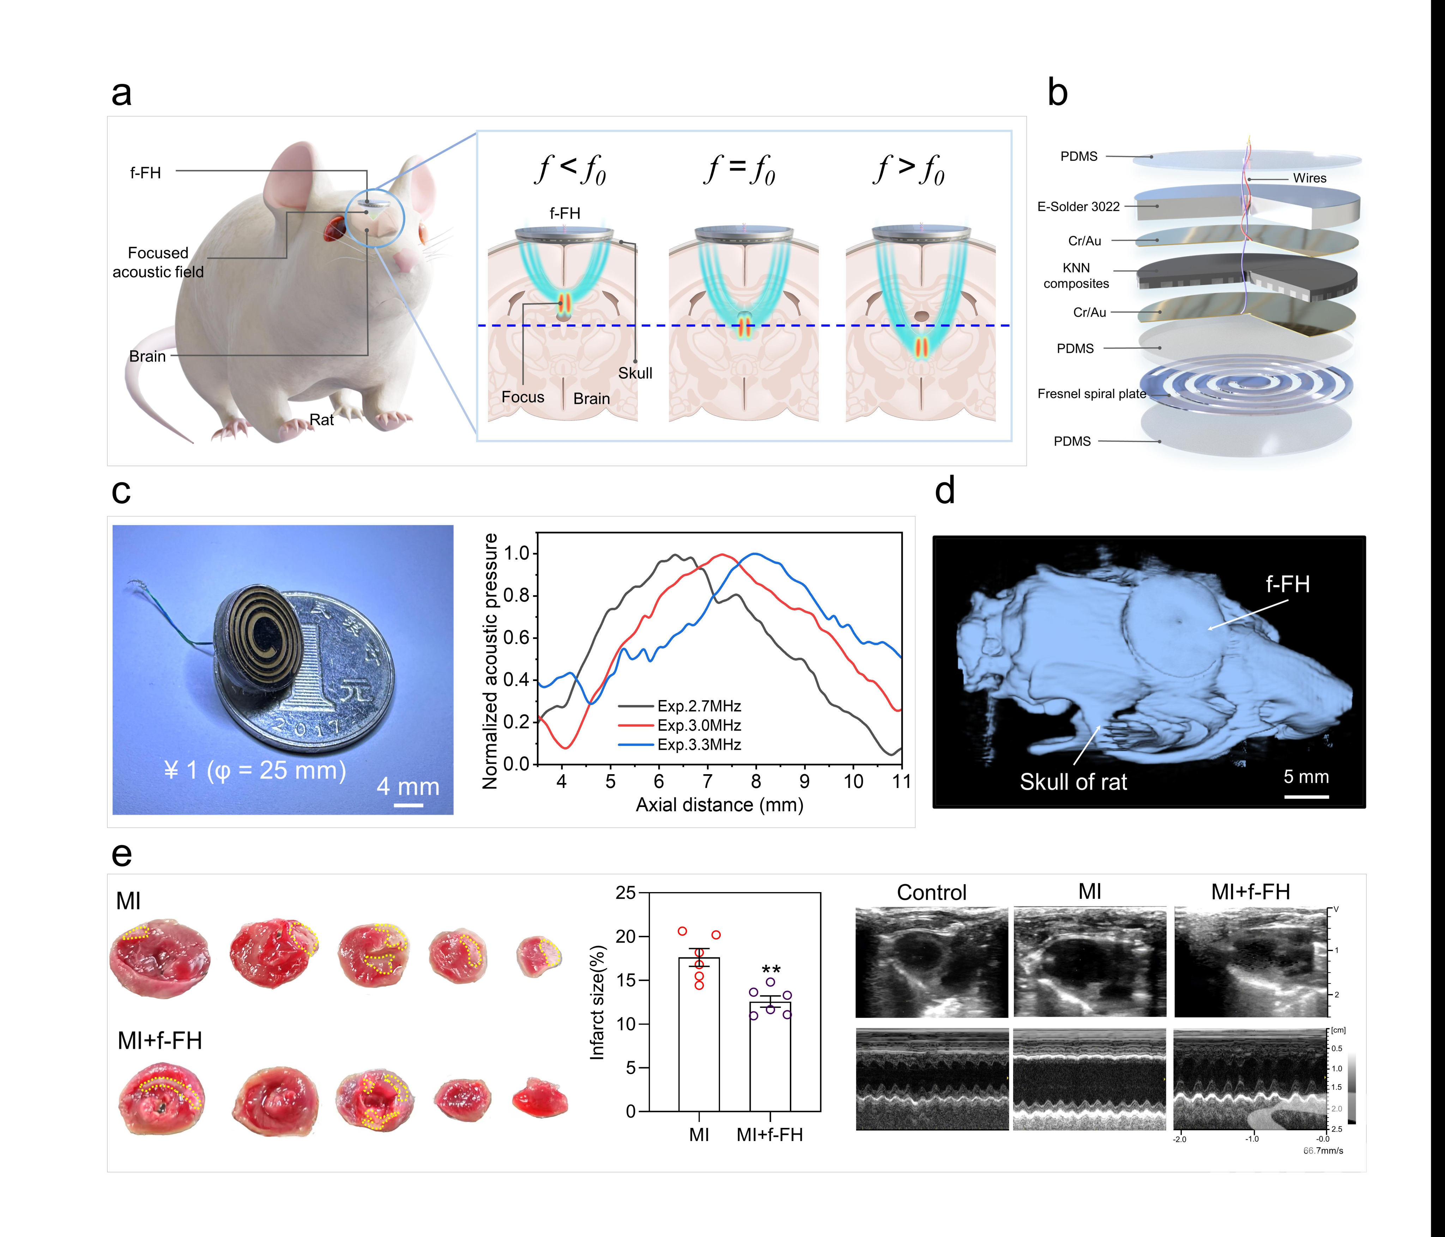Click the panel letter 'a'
pyautogui.click(x=121, y=93)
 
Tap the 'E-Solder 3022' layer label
pyautogui.click(x=1078, y=207)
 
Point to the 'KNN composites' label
pyautogui.click(x=1076, y=276)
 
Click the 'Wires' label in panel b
pyautogui.click(x=1309, y=178)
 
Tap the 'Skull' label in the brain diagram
pyautogui.click(x=635, y=373)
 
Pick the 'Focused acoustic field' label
pyautogui.click(x=158, y=262)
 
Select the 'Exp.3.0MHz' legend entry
pyautogui.click(x=699, y=725)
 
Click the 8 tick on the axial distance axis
pyautogui.click(x=756, y=781)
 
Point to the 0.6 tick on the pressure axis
pyautogui.click(x=517, y=638)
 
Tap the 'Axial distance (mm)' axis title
pyautogui.click(x=719, y=805)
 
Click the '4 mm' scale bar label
pyautogui.click(x=408, y=787)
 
